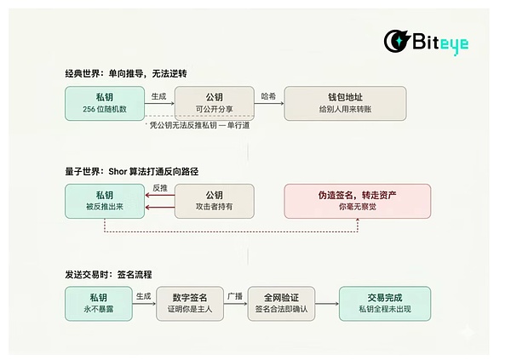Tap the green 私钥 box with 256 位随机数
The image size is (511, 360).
[104, 103]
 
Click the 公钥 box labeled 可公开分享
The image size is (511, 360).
[215, 103]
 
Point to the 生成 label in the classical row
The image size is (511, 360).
[159, 96]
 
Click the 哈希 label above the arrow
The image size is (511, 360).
[269, 96]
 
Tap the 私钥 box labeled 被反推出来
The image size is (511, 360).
[104, 201]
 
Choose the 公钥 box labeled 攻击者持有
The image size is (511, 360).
[215, 201]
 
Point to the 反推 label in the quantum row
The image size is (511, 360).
[159, 187]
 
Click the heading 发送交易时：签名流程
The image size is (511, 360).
[108, 274]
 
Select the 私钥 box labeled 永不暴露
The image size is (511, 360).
[99, 303]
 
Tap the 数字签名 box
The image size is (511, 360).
[192, 303]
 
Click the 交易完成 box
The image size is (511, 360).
[384, 303]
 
